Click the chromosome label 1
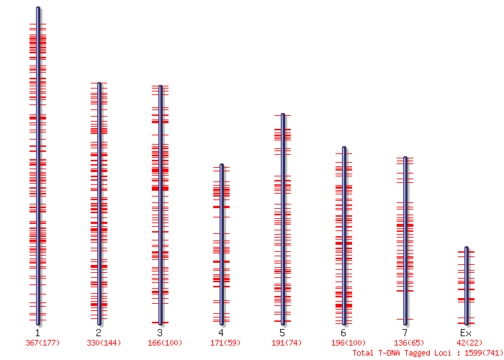pos(37,333)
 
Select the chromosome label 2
pos(99,333)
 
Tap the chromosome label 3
pos(160,333)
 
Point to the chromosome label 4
pos(221,333)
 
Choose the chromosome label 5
pos(282,333)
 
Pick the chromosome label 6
pos(343,333)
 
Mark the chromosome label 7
pos(405,333)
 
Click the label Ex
pos(466,333)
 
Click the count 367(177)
pos(41,343)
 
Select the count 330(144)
pos(102,343)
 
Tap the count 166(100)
pos(165,343)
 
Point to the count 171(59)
pos(225,343)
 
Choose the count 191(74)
pos(286,343)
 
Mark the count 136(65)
pos(408,343)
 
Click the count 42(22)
pos(469,343)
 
